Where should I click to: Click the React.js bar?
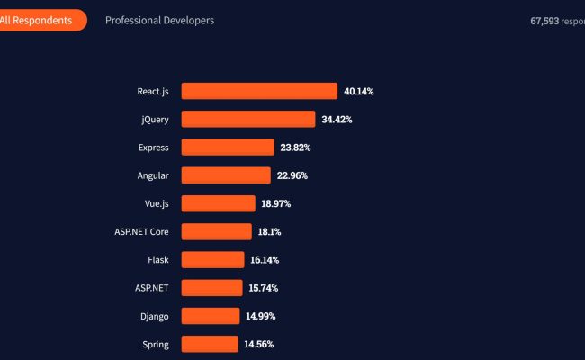click(x=259, y=91)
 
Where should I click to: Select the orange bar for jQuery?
click(x=248, y=119)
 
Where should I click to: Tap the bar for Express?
click(x=228, y=147)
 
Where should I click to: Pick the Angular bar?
click(x=226, y=175)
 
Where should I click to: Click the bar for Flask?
click(x=212, y=259)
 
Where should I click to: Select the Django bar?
click(x=211, y=316)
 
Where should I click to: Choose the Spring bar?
click(x=210, y=344)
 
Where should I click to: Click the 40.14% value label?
click(x=358, y=91)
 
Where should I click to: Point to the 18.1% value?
click(x=270, y=231)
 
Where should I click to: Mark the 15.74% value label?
click(x=263, y=288)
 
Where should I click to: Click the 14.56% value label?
click(x=258, y=344)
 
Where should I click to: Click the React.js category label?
click(x=153, y=91)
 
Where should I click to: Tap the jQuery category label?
click(x=155, y=119)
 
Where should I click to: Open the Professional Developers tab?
click(x=159, y=20)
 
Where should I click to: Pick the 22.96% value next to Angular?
click(x=292, y=175)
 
